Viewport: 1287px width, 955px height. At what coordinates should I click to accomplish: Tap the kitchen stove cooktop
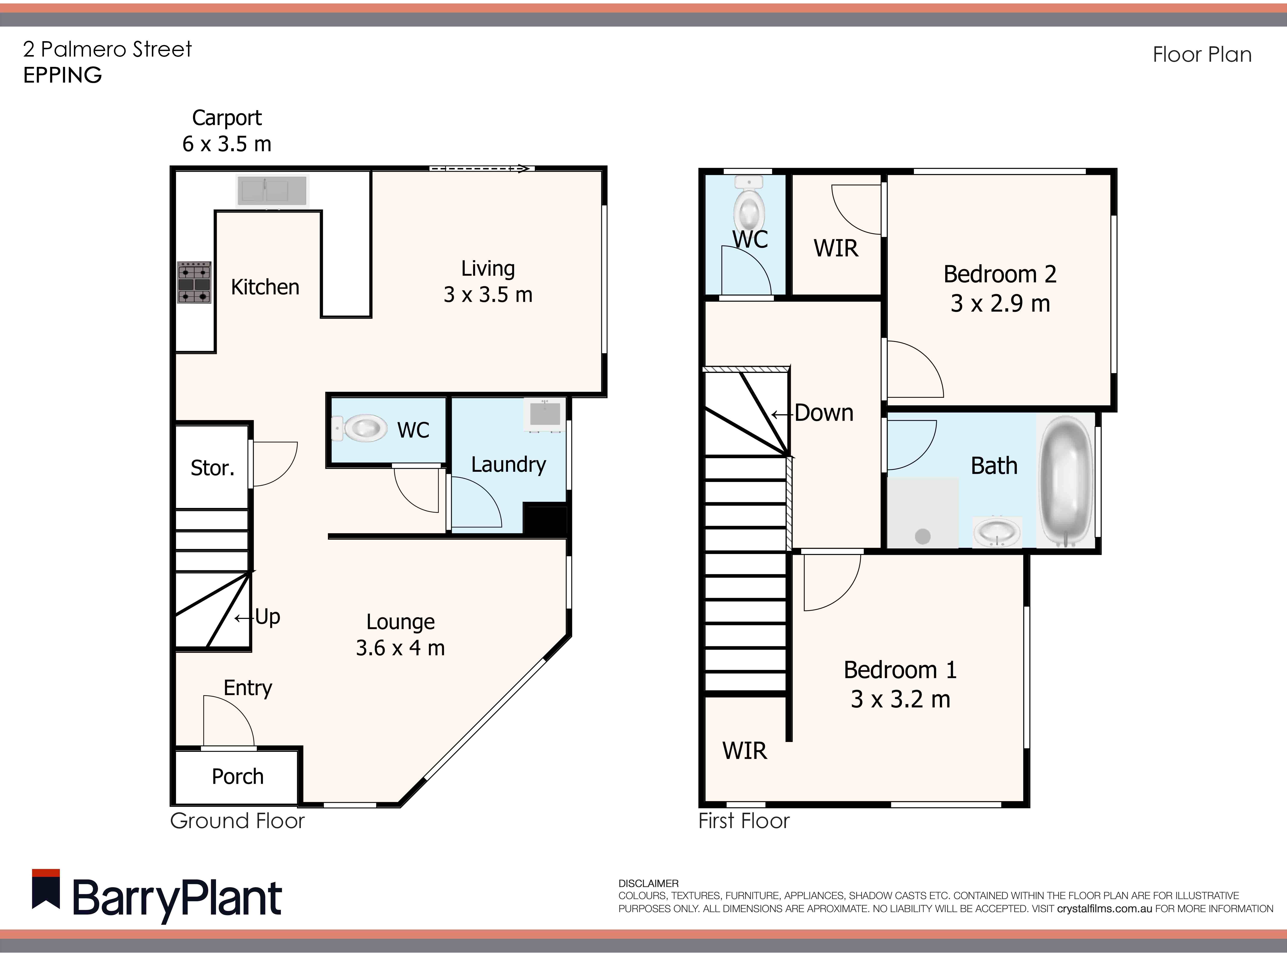(194, 283)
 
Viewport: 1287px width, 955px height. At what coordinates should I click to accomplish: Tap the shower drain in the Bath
(923, 536)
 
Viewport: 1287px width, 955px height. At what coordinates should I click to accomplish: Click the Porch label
(237, 776)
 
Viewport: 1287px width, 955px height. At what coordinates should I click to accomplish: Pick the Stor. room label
(212, 468)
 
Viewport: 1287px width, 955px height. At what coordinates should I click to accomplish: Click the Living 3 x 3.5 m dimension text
(488, 295)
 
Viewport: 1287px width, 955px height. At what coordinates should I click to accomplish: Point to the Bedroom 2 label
(999, 274)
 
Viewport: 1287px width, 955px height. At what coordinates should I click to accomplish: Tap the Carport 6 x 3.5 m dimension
(227, 143)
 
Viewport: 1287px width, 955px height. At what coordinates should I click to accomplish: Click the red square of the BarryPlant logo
(46, 873)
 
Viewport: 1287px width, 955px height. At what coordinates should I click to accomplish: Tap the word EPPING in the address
(62, 75)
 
